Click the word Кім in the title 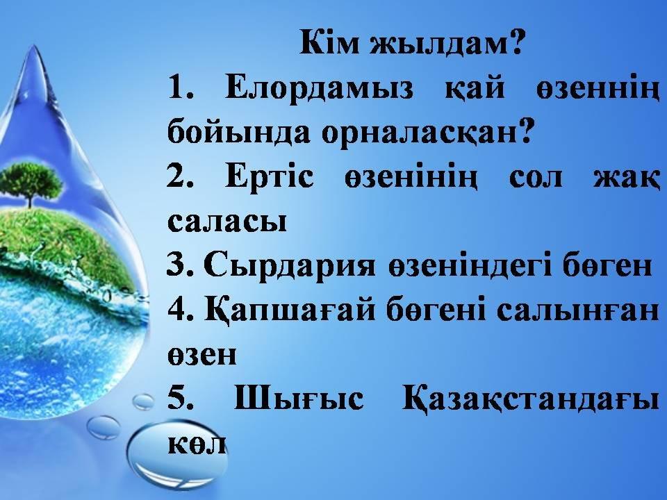coord(329,42)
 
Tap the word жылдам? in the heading coord(446,42)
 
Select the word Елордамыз coord(319,90)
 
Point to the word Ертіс coord(270,178)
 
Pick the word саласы coord(227,221)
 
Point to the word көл coord(197,444)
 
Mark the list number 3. coord(180,265)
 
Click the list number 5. coord(180,398)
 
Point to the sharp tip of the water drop coord(34,46)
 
